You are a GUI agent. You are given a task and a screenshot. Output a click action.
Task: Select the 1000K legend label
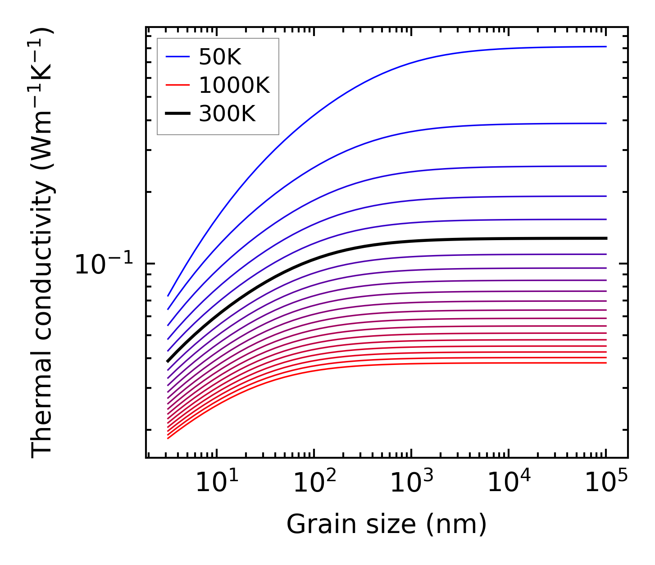pyautogui.click(x=234, y=85)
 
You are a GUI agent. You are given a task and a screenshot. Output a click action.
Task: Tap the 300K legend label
pyautogui.click(x=227, y=114)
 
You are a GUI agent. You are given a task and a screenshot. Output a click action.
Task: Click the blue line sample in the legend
pyautogui.click(x=178, y=57)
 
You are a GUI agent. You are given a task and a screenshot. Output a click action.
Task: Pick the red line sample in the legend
pyautogui.click(x=178, y=85)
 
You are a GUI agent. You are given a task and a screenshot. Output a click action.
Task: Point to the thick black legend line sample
pyautogui.click(x=178, y=114)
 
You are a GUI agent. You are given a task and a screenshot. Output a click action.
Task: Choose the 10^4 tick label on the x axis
pyautogui.click(x=508, y=483)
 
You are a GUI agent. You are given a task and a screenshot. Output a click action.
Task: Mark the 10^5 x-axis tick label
pyautogui.click(x=605, y=483)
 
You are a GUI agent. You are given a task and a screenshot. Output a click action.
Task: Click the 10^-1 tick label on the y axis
pyautogui.click(x=104, y=265)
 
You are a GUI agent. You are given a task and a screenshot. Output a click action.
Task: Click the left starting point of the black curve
pyautogui.click(x=168, y=361)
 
